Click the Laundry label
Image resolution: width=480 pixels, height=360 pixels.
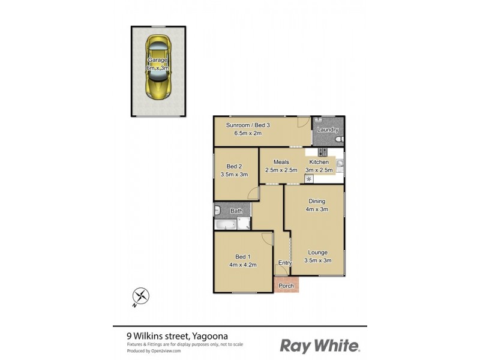pos(328,130)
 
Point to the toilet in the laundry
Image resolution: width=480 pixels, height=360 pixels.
pos(340,140)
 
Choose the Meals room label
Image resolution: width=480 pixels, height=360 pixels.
pos(281,162)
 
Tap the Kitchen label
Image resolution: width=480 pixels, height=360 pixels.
pos(319,162)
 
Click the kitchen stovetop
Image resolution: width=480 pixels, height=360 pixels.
pos(323,152)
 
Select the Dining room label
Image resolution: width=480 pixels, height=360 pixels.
pos(317,201)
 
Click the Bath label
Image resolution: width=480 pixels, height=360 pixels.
pos(237,211)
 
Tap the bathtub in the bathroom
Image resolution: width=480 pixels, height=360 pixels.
pos(226,225)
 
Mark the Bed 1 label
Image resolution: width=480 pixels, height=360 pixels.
pos(242,256)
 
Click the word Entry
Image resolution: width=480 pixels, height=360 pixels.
pos(285,263)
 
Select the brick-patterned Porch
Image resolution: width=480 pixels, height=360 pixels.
pos(286,285)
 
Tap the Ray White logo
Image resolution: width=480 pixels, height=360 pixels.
pos(320,345)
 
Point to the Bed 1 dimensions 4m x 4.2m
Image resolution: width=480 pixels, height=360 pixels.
pos(242,265)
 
